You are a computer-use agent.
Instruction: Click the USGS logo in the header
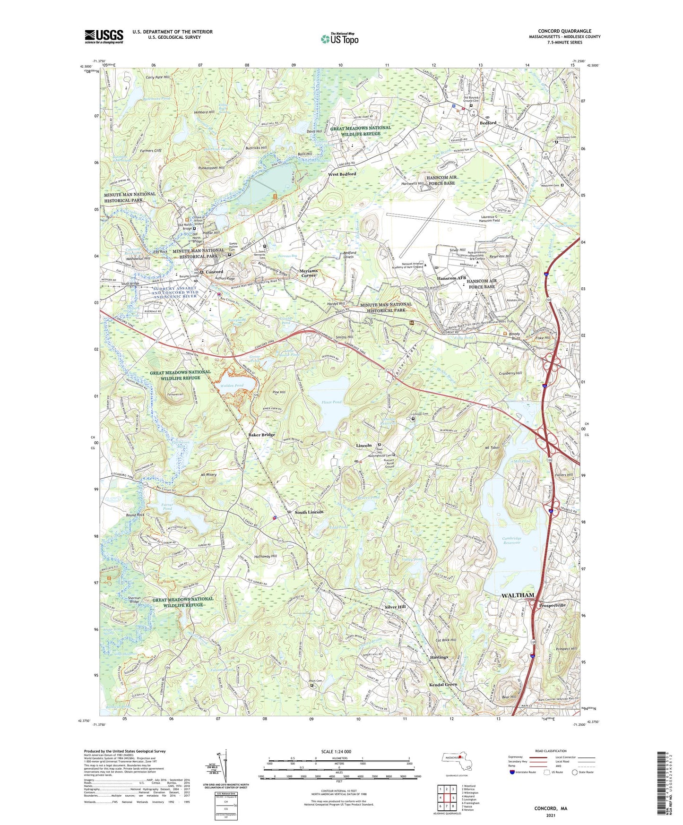(104, 36)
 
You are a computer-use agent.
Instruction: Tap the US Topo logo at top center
(339, 39)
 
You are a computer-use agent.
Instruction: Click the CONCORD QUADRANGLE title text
(564, 31)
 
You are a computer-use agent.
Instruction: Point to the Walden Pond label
(232, 386)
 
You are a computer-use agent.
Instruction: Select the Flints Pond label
(331, 402)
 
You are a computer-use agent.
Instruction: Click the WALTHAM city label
(518, 595)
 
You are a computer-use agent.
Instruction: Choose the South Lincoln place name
(309, 512)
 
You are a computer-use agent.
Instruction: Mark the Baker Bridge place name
(262, 435)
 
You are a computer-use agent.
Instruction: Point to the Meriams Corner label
(309, 273)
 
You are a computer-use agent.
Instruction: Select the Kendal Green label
(443, 685)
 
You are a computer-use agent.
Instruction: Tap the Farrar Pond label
(167, 506)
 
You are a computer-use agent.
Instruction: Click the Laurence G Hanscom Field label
(489, 218)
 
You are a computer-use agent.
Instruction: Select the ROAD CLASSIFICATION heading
(551, 751)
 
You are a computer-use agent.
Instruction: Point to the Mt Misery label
(208, 474)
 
